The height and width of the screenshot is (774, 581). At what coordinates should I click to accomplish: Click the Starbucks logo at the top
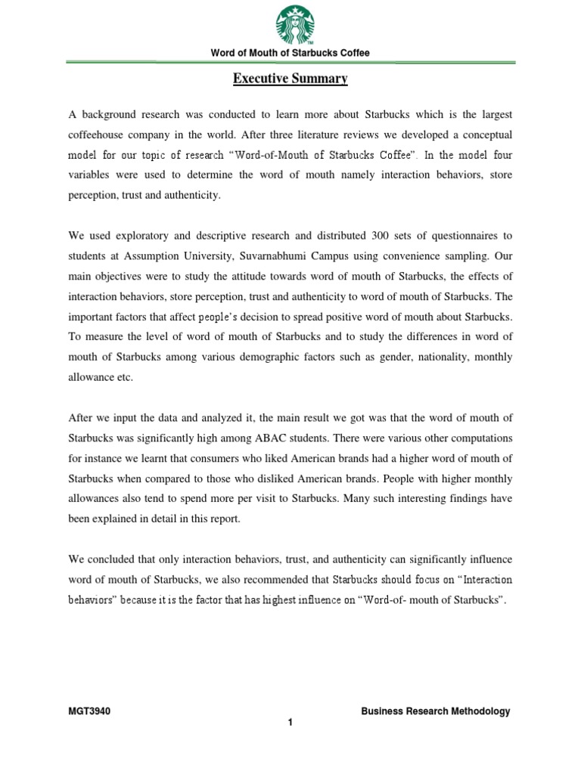coord(290,25)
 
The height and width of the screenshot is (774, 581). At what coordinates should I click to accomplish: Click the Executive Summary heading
coord(290,78)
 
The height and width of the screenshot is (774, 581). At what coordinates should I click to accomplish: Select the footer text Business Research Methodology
coord(435,711)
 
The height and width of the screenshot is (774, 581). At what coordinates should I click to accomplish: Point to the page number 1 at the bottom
coord(290,723)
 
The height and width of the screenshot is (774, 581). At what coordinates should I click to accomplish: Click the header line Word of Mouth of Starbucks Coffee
coord(290,53)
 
